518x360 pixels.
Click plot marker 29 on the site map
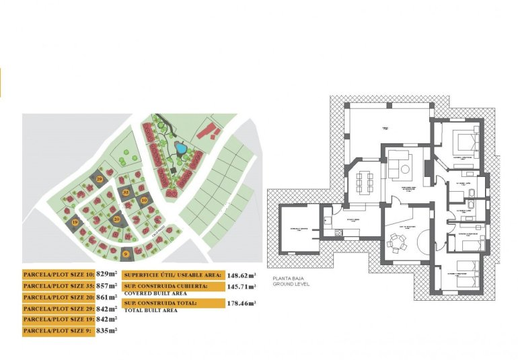tap(100, 178)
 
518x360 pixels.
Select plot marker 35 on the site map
tap(126, 192)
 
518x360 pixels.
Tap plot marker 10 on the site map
tap(145, 200)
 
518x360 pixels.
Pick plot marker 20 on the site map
tap(116, 219)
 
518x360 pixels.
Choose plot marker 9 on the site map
tap(125, 254)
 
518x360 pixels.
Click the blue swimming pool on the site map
tap(180, 147)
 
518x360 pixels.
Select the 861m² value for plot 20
tap(106, 297)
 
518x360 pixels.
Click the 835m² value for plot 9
tap(106, 330)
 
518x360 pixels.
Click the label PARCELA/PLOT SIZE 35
tap(59, 286)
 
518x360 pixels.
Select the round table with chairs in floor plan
tap(396, 240)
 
